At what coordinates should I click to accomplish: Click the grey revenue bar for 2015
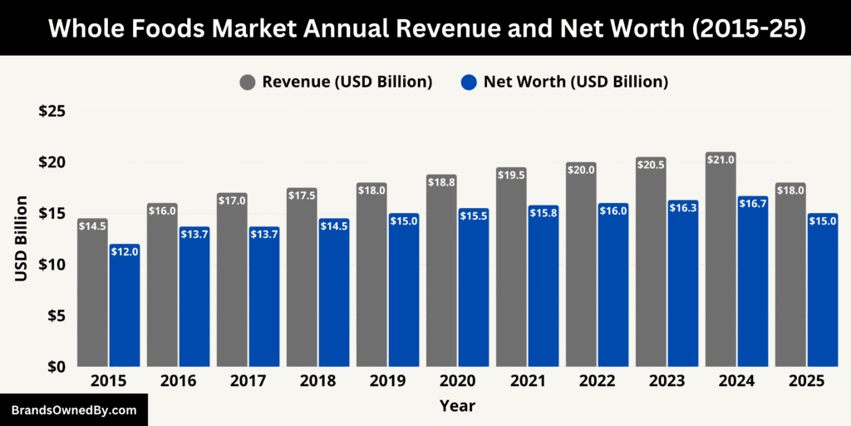(93, 300)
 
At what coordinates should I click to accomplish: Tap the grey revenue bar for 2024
(721, 266)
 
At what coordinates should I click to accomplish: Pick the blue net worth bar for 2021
(544, 291)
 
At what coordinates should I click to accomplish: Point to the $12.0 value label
(125, 250)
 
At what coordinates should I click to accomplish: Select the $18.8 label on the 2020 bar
(441, 181)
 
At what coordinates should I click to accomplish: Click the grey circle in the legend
(247, 82)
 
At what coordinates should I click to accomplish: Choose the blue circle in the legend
(469, 82)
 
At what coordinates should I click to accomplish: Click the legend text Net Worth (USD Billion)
(576, 82)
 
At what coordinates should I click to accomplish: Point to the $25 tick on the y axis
(52, 111)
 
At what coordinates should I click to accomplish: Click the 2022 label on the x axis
(597, 381)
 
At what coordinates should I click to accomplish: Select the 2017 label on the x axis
(248, 381)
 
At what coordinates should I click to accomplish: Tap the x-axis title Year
(457, 406)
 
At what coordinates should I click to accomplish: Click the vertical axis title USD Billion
(22, 238)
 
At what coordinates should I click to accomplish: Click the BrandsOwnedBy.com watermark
(73, 410)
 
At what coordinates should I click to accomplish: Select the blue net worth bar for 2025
(822, 291)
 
